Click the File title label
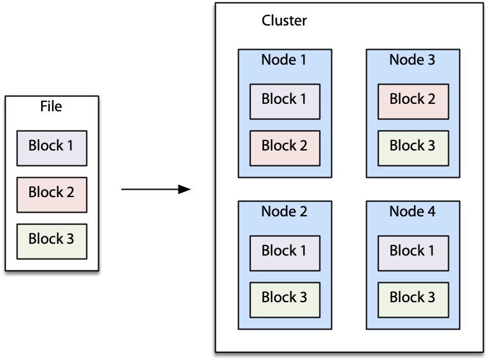pyautogui.click(x=51, y=106)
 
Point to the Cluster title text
pyautogui.click(x=284, y=21)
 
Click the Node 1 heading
pyautogui.click(x=284, y=60)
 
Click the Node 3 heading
pyautogui.click(x=412, y=60)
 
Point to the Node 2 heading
pyautogui.click(x=284, y=211)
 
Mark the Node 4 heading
pyautogui.click(x=412, y=211)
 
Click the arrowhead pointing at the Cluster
pyautogui.click(x=185, y=189)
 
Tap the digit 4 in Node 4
pyautogui.click(x=431, y=211)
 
